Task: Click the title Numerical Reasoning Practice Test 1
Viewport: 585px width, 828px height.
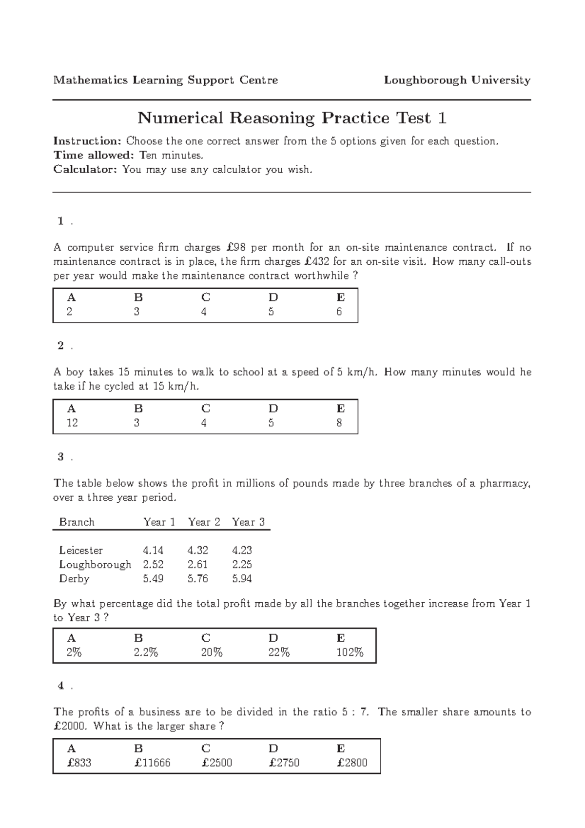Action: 292,118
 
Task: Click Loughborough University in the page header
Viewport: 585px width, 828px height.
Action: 457,80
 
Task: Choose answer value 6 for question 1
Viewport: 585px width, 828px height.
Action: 339,312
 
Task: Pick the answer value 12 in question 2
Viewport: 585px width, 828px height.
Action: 72,423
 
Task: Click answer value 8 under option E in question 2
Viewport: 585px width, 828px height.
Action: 339,423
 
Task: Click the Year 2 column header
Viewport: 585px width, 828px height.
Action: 204,522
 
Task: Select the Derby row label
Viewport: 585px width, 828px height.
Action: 74,579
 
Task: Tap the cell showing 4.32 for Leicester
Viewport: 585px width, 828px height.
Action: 197,551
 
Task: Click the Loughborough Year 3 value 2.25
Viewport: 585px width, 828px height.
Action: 242,565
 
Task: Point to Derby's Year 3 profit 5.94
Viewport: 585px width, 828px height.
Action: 242,579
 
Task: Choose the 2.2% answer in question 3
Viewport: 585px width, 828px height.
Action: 146,652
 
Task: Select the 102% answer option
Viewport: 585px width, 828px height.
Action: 350,652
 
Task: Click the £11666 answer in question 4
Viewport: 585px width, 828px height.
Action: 152,763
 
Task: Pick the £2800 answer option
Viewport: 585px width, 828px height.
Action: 352,763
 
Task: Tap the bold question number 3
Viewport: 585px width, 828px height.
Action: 61,457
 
